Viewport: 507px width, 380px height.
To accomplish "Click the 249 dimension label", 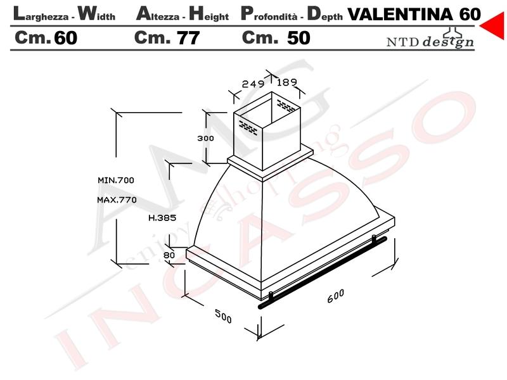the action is [x=253, y=84].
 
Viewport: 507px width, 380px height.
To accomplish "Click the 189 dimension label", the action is [x=287, y=82].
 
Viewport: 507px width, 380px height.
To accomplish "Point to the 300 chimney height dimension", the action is [x=205, y=138].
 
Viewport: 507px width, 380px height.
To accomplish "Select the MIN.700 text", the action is [x=116, y=180].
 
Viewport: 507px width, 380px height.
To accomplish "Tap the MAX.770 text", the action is [x=117, y=199].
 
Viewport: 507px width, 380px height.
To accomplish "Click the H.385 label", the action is [x=162, y=218].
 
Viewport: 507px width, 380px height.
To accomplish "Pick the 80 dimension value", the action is [x=169, y=255].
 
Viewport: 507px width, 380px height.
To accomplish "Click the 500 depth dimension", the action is [x=224, y=316].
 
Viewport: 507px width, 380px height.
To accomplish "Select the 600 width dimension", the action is [x=336, y=296].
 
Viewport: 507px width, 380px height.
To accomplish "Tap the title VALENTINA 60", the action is [x=414, y=14].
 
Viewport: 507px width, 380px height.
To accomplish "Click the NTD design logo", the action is [x=430, y=39].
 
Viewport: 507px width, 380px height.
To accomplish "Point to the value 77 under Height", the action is [x=188, y=38].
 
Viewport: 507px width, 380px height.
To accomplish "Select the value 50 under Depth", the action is [x=298, y=38].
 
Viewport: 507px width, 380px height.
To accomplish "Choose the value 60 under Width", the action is [x=66, y=38].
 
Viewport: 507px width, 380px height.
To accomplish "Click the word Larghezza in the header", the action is [x=41, y=14].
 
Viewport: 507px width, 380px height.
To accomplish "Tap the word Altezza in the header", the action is [x=158, y=14].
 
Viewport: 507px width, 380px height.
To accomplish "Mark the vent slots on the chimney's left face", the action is [x=248, y=127].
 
